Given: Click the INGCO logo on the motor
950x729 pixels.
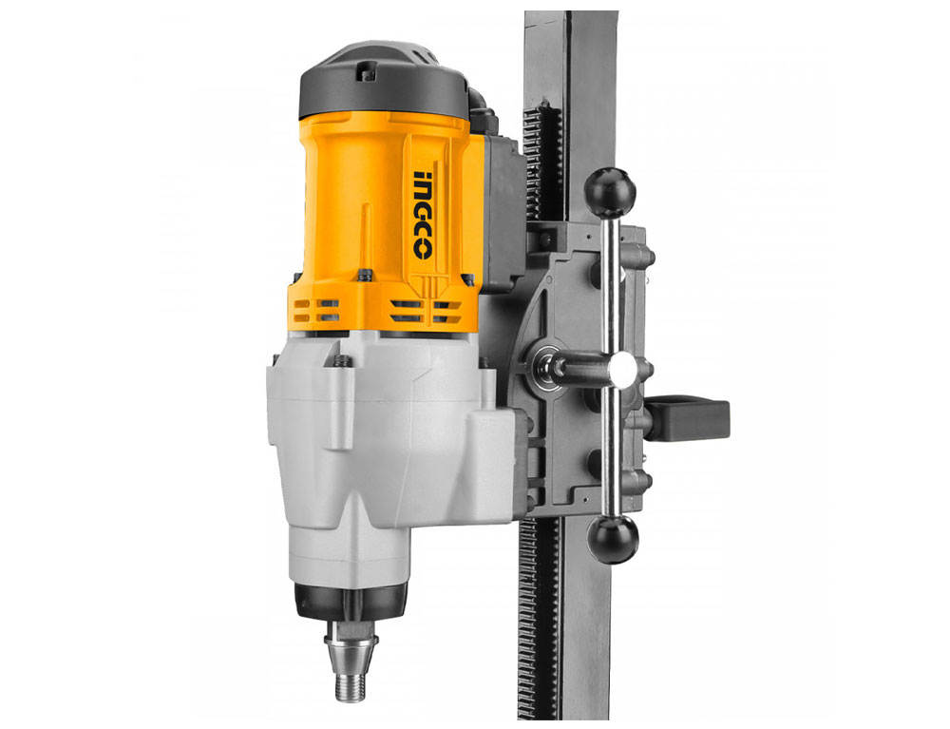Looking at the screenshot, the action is coord(423,215).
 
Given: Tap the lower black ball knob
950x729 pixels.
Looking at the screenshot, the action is coord(613,540).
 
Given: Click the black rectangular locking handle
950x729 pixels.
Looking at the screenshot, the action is coord(690,418).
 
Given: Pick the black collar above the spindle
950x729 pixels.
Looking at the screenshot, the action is coord(351,600).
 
